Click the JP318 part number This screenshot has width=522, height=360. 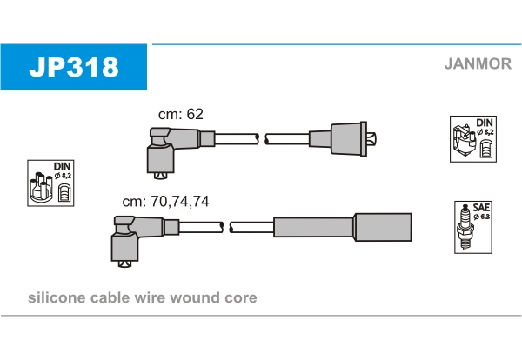point(74,67)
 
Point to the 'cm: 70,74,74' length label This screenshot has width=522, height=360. point(165,201)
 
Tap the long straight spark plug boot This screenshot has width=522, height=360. point(342,227)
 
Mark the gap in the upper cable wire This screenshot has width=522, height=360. point(262,138)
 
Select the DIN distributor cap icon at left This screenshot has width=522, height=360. point(50,183)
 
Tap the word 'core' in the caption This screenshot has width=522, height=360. point(240,298)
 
